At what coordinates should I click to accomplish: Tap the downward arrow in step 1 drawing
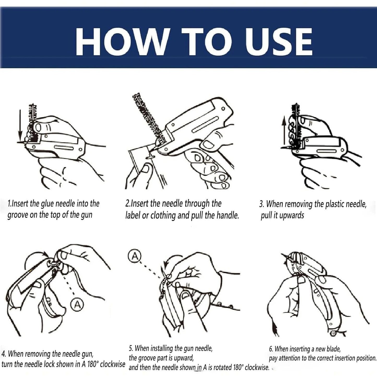(x=19, y=125)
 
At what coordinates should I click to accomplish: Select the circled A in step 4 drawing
(x=77, y=304)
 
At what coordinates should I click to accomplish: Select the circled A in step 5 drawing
(x=135, y=256)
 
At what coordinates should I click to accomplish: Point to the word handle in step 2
(x=227, y=215)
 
